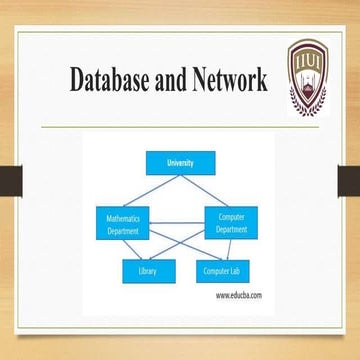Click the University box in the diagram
pyautogui.click(x=179, y=161)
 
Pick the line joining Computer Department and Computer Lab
pyautogui.click(x=225, y=248)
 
